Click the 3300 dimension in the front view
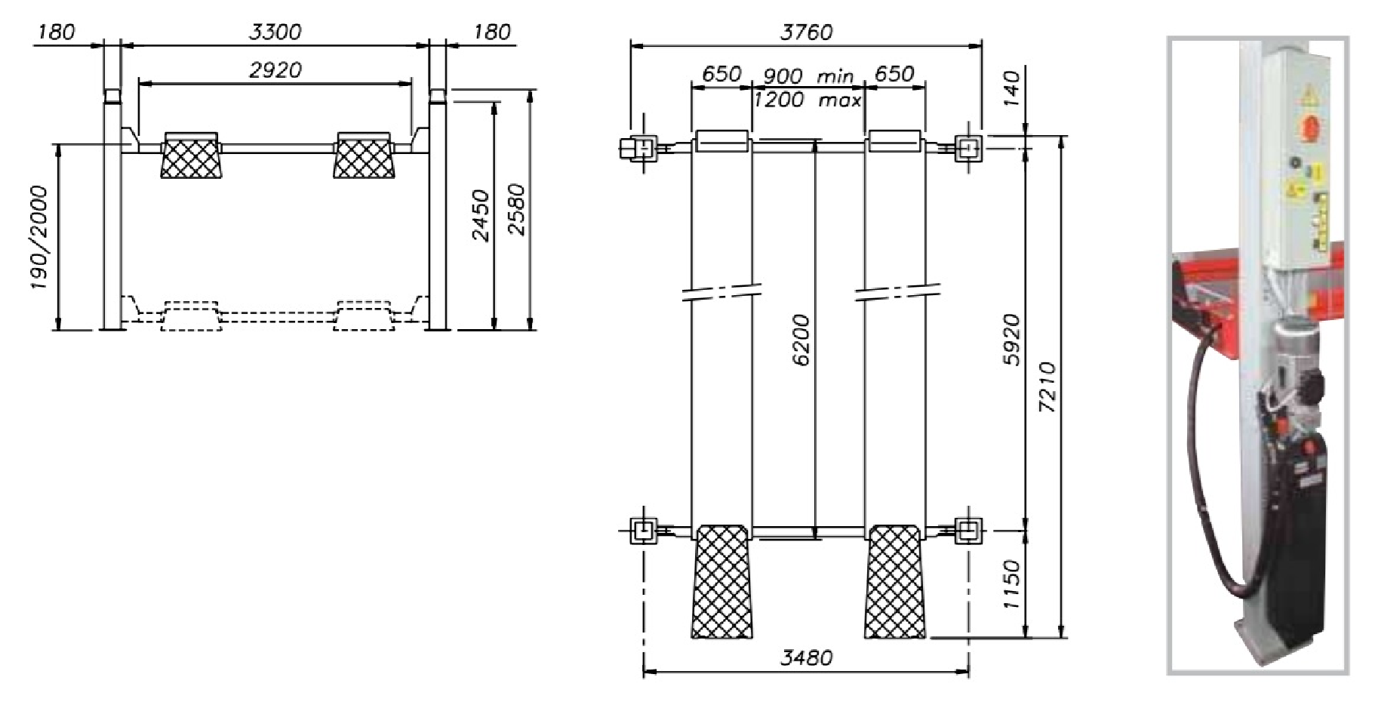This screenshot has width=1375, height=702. pos(275,32)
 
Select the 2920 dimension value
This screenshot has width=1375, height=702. pos(275,70)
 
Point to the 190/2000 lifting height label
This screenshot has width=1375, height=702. pos(38,239)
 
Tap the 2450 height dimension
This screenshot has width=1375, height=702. pos(480,216)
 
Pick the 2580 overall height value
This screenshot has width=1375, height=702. pos(517,209)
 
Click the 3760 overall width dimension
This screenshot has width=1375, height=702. pos(806,32)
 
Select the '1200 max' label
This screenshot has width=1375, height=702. pos(807,100)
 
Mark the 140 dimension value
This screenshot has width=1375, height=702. pos(1012,87)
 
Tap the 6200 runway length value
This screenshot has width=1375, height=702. pos(802,340)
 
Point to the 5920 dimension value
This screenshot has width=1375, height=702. pos(1011,340)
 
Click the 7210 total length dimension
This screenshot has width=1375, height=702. pos(1048,387)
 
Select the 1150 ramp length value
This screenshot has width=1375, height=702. pos(1012,585)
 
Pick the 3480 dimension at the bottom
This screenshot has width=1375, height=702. pos(806,658)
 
